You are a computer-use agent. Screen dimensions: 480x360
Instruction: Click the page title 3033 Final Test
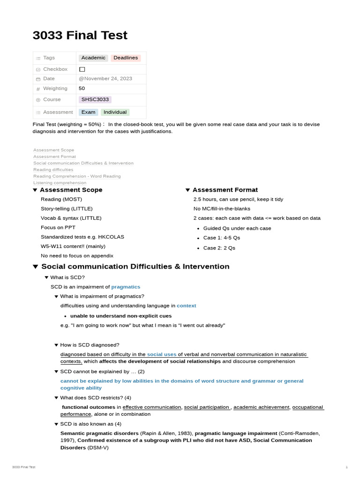click(x=80, y=35)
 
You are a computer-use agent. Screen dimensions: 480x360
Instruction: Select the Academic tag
click(x=93, y=58)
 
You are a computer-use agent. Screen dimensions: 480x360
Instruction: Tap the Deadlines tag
click(x=126, y=58)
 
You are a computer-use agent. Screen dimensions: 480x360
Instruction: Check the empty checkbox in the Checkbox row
click(x=82, y=69)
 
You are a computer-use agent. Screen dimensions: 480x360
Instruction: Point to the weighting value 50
click(x=82, y=88)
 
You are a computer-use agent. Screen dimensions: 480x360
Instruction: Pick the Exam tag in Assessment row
click(x=88, y=112)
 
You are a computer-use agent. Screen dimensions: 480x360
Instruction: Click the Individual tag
click(x=115, y=112)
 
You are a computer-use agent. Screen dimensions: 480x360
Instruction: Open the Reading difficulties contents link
click(x=53, y=170)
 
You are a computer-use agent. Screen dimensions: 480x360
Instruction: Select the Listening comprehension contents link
click(x=60, y=183)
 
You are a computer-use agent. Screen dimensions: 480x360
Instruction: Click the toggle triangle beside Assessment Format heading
click(x=188, y=190)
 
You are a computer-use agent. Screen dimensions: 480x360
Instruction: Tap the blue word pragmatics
click(x=126, y=286)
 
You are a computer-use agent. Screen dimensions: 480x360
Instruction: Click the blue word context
click(x=186, y=305)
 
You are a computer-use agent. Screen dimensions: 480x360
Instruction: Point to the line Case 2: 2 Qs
click(x=219, y=248)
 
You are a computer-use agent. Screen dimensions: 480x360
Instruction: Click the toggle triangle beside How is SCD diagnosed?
click(x=56, y=345)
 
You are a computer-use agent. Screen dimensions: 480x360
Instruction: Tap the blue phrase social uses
click(x=162, y=354)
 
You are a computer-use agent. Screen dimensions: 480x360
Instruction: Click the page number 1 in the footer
click(x=346, y=467)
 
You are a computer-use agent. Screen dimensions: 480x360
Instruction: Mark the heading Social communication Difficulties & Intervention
click(x=135, y=266)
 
